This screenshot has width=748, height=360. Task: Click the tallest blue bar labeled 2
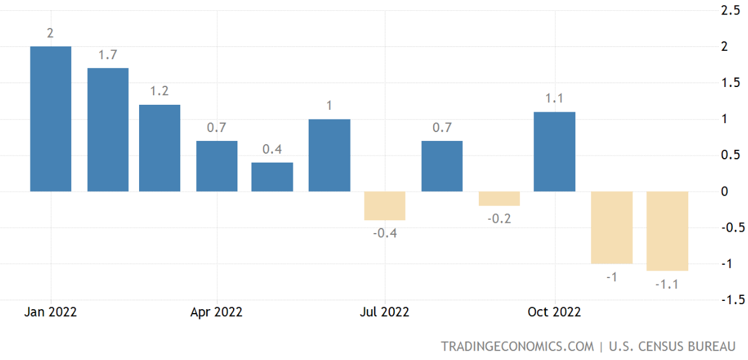51,119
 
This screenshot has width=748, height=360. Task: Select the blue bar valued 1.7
108,130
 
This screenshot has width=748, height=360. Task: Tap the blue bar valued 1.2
160,148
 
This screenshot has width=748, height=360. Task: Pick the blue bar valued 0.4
272,177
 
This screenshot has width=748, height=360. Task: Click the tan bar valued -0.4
385,206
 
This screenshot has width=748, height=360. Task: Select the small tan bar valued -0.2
499,198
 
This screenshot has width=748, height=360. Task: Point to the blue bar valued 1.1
554,152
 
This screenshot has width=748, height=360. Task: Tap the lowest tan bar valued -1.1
667,230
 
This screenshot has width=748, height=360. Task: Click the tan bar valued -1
612,227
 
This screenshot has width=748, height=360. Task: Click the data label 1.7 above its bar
107,55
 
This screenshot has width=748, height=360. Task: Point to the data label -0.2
499,218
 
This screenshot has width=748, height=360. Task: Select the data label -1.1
667,284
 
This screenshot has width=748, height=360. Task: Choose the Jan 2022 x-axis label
51,312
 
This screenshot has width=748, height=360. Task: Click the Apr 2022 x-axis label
217,312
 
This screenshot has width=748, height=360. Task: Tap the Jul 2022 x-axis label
385,312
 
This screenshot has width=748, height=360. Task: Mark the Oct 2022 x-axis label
554,312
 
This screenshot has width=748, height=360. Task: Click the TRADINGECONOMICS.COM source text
518,346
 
